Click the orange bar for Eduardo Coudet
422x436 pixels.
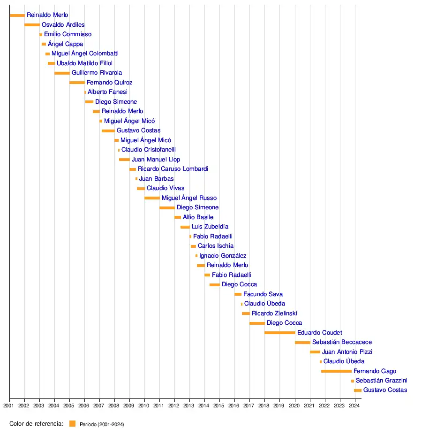(280, 333)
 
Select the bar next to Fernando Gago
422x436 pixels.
(336, 371)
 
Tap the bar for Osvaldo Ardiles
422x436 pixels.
(32, 25)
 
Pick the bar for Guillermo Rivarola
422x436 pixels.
(62, 73)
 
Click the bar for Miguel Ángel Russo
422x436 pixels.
(152, 198)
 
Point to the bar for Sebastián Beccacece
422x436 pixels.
(302, 342)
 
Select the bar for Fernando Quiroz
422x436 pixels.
(77, 83)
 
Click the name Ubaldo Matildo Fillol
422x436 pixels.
(84, 63)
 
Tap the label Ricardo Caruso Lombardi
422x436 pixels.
(173, 169)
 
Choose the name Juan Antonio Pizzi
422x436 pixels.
(347, 352)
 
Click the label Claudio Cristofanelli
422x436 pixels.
(149, 150)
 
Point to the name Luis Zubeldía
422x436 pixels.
(210, 227)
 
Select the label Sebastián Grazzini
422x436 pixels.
(381, 381)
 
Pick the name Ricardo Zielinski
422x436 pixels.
(274, 314)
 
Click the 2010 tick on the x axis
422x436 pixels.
(144, 405)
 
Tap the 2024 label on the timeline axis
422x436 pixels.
(354, 405)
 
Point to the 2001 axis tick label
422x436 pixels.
(9, 405)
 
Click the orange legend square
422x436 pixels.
(72, 424)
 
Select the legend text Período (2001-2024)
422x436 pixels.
(102, 424)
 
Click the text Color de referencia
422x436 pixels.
(36, 424)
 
